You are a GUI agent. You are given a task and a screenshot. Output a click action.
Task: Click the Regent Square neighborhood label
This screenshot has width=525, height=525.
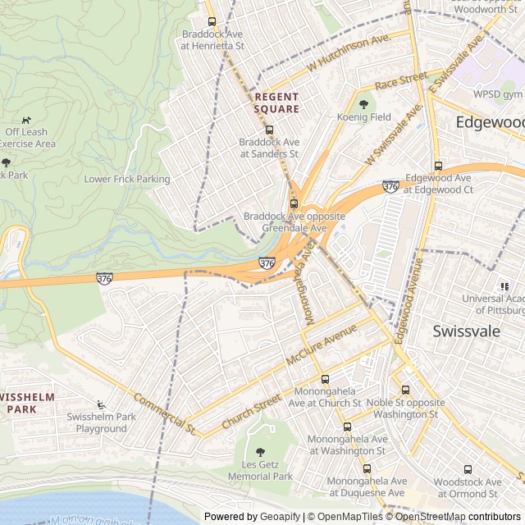(276, 103)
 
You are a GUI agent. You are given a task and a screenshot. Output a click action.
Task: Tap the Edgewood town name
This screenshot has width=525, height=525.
(490, 121)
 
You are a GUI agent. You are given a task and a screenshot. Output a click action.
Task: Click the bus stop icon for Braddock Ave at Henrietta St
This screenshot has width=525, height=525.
(212, 22)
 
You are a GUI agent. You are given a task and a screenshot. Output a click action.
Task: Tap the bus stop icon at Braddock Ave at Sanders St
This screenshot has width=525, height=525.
(268, 130)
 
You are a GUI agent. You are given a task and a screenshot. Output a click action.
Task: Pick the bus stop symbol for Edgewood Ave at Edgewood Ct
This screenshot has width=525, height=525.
(438, 166)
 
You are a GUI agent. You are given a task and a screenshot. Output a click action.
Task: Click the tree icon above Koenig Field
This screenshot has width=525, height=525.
(363, 104)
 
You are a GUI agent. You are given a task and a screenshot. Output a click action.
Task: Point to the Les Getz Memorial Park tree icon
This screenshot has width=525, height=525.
(260, 452)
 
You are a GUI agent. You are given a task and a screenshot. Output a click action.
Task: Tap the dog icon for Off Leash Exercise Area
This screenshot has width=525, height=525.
(26, 120)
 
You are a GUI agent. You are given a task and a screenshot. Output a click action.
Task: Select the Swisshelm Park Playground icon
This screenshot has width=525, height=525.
(100, 404)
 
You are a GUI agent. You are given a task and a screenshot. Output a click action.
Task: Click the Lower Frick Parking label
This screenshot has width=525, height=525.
(127, 179)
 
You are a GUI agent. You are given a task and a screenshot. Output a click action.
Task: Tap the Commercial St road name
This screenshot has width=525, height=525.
(164, 413)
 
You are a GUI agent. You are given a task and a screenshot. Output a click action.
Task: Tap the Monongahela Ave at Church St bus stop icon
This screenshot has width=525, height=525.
(325, 380)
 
